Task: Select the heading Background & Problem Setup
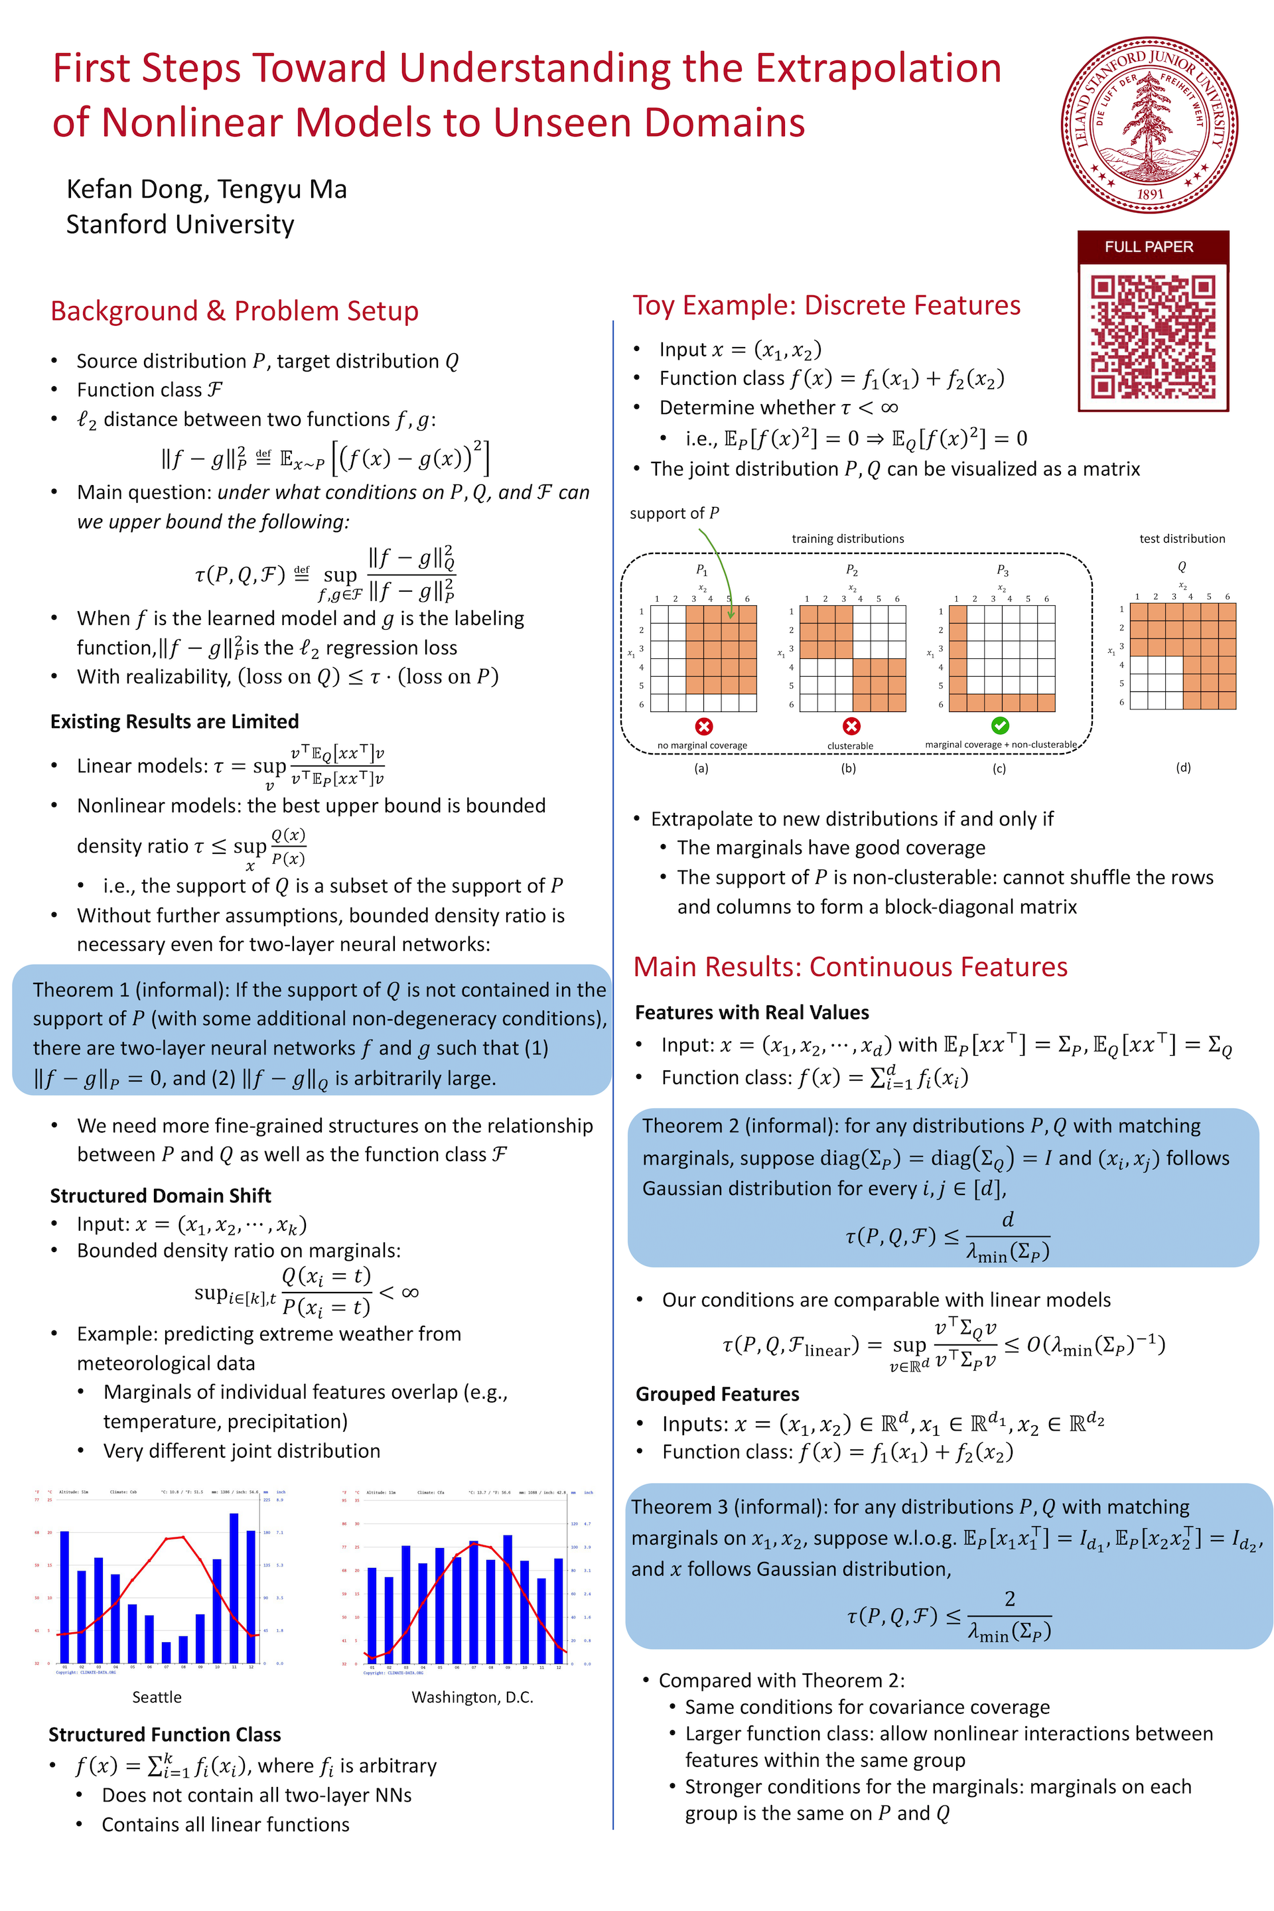click(x=234, y=311)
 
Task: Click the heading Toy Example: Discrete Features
click(x=826, y=305)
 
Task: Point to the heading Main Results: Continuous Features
click(x=850, y=967)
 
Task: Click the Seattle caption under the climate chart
click(x=157, y=1697)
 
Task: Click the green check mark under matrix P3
click(x=1000, y=725)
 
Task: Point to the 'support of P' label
click(x=674, y=514)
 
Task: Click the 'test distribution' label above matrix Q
click(x=1182, y=539)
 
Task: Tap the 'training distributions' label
click(x=847, y=539)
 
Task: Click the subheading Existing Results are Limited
click(x=175, y=721)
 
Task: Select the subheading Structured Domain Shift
click(x=160, y=1196)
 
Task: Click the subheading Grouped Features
click(x=717, y=1394)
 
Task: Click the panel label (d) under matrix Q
click(x=1183, y=767)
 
